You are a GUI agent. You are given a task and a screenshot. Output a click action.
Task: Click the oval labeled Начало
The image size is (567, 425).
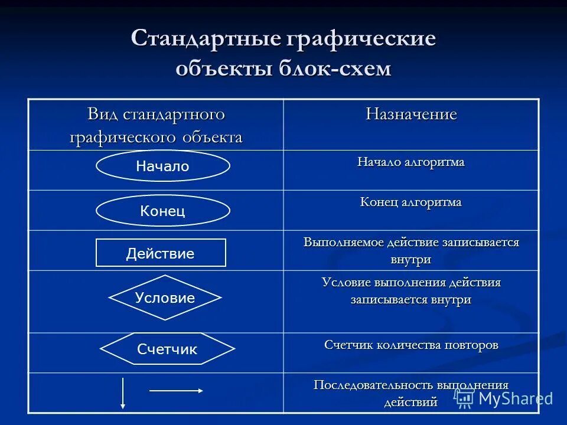point(162,166)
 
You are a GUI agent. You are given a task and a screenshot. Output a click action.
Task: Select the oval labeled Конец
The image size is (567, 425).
point(162,211)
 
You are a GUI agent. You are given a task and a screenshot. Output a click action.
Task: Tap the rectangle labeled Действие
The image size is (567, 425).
point(161,253)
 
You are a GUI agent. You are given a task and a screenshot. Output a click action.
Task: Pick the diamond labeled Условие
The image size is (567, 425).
point(165,297)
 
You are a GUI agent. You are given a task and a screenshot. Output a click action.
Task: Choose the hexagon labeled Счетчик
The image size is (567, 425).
point(167,349)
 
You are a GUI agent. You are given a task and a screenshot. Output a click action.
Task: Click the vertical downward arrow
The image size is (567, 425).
point(122,393)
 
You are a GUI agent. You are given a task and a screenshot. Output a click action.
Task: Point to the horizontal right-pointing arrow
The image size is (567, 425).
point(176,390)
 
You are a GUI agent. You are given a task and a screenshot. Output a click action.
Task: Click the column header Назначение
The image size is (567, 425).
point(411,114)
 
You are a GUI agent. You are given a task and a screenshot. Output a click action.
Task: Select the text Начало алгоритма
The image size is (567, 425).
point(410,162)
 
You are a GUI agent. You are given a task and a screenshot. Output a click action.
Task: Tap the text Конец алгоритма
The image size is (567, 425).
point(410,202)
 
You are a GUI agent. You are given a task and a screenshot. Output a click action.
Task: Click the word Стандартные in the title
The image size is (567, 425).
point(205,39)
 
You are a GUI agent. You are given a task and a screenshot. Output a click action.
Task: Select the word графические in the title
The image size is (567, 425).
point(361,39)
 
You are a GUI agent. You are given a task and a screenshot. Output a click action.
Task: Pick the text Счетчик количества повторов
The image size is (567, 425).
point(411,345)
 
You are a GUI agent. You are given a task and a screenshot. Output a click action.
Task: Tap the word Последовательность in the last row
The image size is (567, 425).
point(373,385)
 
